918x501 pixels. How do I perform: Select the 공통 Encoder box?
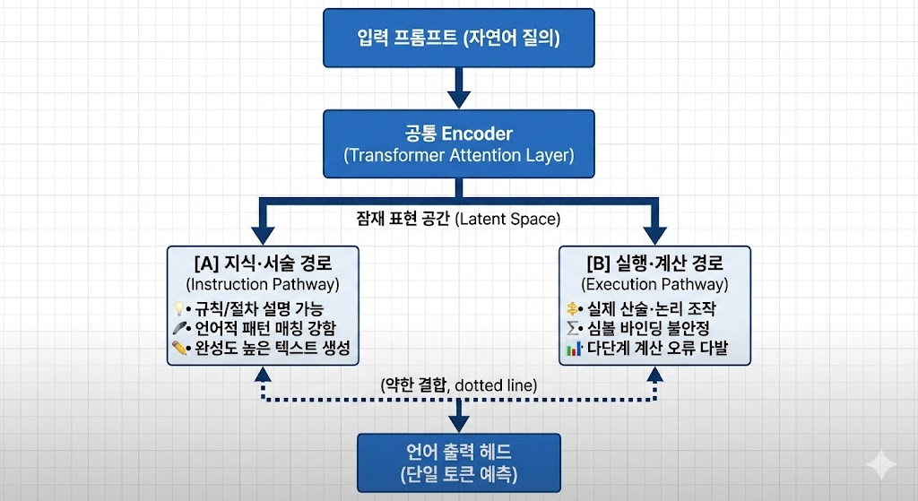458,143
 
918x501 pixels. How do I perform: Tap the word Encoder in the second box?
477,134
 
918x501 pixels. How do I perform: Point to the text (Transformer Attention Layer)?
458,155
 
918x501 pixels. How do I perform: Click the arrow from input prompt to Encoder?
458,88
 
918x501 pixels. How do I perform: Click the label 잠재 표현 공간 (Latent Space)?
459,218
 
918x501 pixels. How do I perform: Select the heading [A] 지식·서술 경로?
263,263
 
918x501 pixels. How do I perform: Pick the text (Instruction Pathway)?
263,284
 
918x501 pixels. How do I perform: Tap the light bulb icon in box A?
178,308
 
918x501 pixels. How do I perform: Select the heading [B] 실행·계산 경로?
654,263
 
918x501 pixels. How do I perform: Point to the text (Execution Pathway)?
654,284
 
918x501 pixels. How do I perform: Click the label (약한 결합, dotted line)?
459,385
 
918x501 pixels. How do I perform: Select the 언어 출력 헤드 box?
458,461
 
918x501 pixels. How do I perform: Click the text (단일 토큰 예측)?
458,472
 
